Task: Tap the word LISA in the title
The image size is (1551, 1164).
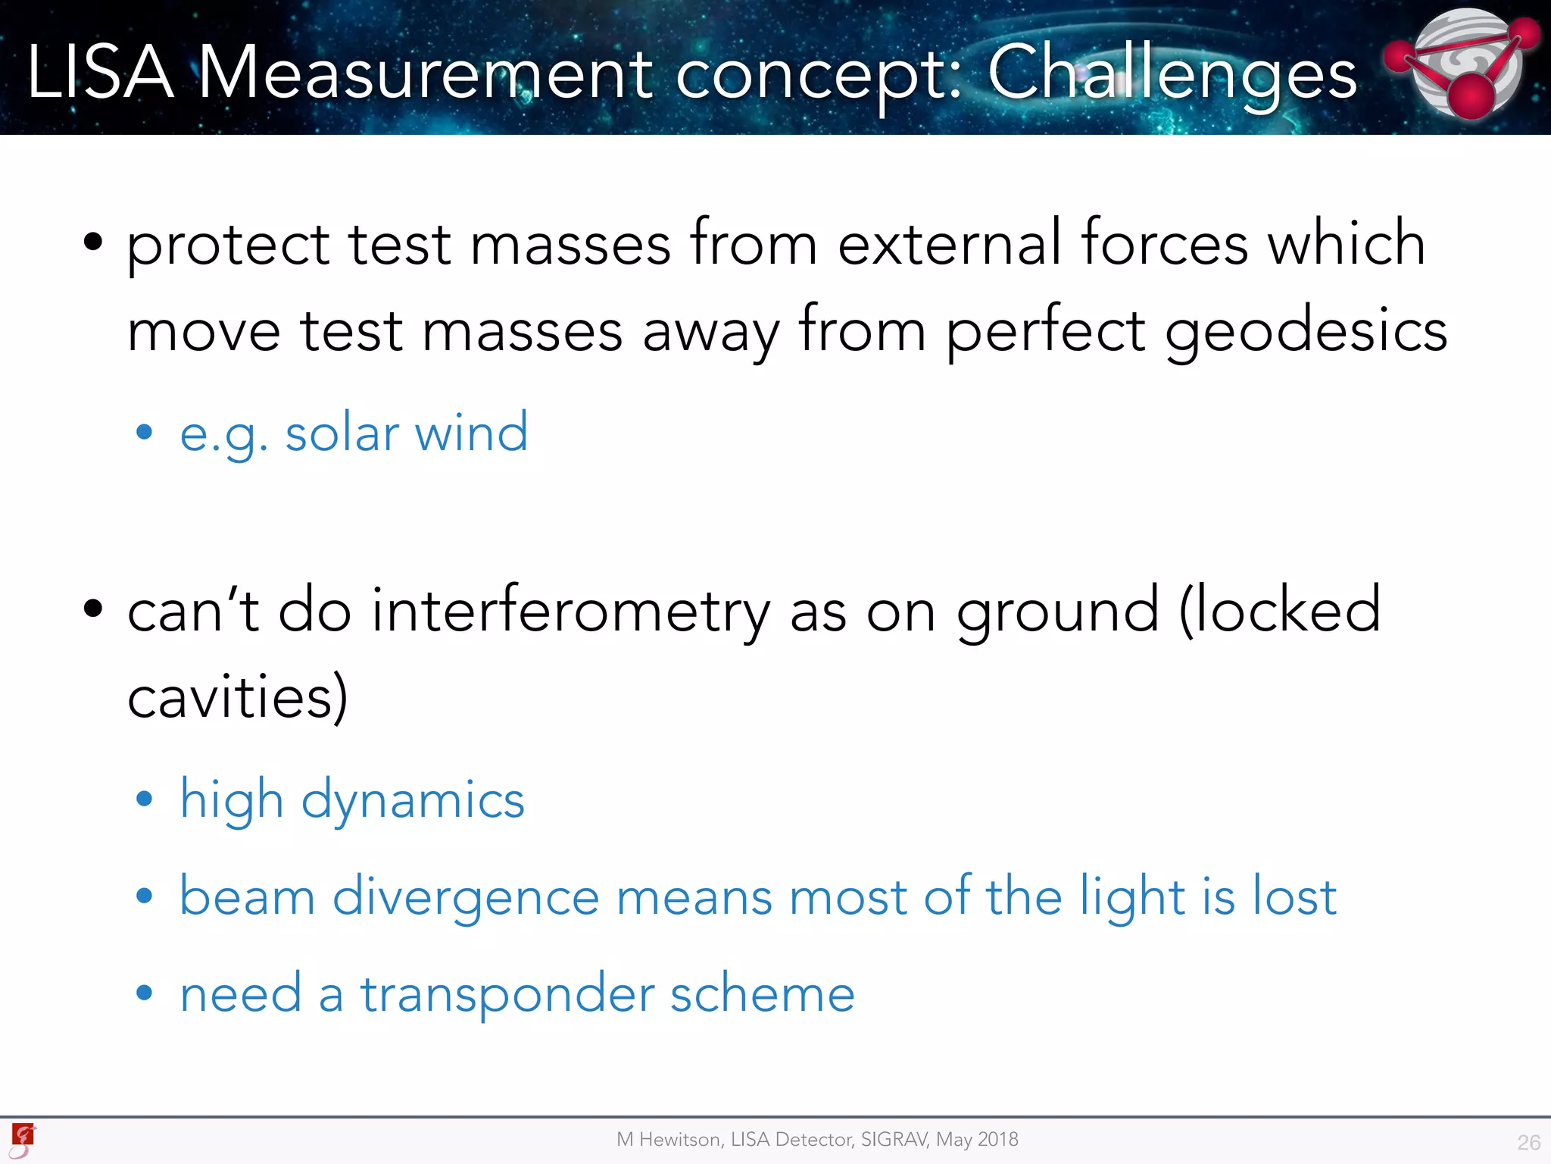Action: point(100,73)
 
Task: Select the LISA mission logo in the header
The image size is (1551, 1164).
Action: point(1463,64)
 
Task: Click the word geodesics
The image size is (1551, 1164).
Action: point(1306,332)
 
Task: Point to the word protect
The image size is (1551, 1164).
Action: point(228,246)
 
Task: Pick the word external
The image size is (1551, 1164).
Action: point(950,244)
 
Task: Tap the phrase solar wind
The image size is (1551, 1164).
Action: point(406,433)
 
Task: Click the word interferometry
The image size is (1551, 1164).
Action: point(570,611)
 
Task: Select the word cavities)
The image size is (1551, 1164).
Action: point(238,697)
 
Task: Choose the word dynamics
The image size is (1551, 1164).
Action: point(413,800)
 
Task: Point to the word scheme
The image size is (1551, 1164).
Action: point(763,994)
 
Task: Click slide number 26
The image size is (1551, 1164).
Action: point(1528,1142)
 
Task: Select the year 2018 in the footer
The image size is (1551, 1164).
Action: point(997,1139)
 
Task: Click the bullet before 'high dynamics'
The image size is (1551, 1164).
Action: point(144,799)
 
